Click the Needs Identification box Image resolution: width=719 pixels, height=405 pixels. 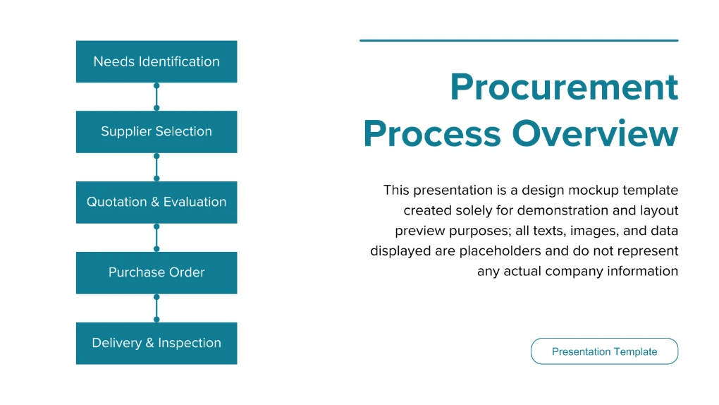coord(156,61)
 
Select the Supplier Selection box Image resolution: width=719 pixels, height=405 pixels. coord(156,132)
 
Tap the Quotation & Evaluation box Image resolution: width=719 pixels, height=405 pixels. coord(156,202)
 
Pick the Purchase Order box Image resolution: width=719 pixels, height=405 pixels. coord(156,273)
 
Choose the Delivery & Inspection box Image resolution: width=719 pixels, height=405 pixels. coord(156,343)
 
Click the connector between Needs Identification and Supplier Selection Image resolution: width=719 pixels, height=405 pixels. coord(156,97)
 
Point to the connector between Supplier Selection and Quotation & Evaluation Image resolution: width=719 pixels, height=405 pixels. coord(156,167)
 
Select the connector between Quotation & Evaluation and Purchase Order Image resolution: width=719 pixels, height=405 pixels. coord(156,237)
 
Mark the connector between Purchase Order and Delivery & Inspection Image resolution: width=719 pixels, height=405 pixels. coord(156,308)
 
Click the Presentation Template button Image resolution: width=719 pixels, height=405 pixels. coord(604,351)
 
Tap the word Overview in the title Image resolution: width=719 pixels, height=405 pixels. coord(595,133)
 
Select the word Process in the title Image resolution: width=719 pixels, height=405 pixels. coord(432,133)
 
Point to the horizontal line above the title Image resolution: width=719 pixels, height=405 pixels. coord(519,40)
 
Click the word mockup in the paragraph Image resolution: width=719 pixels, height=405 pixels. coord(594,190)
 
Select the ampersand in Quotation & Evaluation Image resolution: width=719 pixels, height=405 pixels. coord(155,202)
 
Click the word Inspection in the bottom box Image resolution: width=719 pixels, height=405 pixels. coord(190,343)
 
